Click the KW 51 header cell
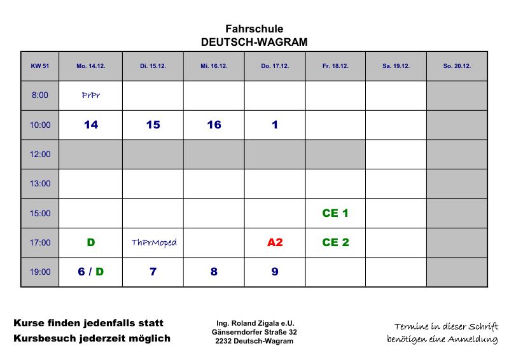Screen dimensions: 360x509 (39, 66)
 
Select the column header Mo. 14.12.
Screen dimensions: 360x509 (91, 66)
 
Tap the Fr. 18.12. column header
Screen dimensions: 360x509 (335, 66)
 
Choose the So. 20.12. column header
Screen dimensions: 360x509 (457, 66)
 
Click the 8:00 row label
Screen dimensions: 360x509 (39, 95)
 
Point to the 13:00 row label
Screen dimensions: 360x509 (39, 184)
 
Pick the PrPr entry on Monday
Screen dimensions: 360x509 (91, 95)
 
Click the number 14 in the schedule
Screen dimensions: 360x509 (91, 125)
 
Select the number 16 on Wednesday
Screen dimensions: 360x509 (214, 125)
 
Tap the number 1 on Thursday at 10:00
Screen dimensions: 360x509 (275, 125)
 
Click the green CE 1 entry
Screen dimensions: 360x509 (335, 213)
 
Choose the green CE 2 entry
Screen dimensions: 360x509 (335, 242)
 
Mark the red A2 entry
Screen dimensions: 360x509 (275, 242)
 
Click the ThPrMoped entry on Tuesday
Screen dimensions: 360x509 (153, 242)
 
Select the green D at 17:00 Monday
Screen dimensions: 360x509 (91, 242)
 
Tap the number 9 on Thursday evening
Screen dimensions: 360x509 (275, 272)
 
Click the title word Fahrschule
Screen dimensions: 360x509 (254, 29)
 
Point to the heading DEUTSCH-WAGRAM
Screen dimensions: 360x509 (254, 42)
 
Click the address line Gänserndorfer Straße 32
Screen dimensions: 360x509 (254, 332)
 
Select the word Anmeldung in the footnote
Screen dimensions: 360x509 (471, 340)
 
